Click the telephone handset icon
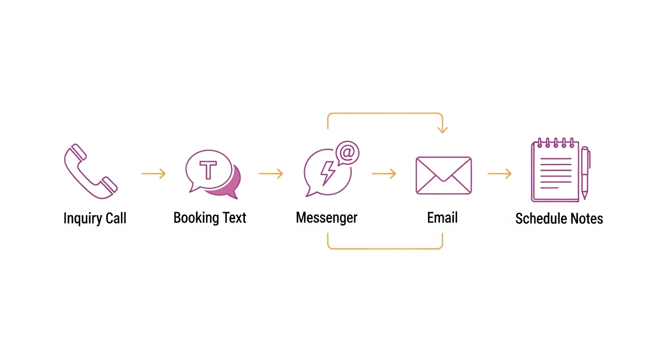[90, 171]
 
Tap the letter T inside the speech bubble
[208, 170]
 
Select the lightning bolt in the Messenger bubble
[328, 173]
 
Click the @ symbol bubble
[347, 153]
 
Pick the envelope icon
[443, 175]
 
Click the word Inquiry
[82, 218]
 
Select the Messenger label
[327, 218]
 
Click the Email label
[442, 218]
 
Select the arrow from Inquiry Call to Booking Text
[154, 174]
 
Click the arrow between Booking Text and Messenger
[271, 174]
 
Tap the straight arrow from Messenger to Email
[384, 174]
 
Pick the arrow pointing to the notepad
[500, 174]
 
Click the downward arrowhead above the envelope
[442, 129]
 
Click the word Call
[115, 218]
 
